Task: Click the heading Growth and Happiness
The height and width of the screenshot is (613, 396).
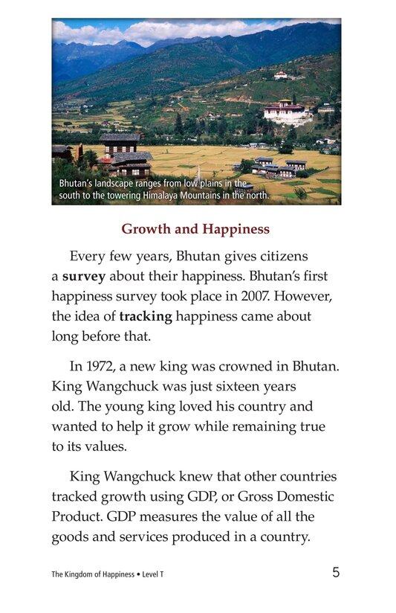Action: pos(195,228)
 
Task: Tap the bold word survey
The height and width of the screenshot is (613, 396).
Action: pos(84,276)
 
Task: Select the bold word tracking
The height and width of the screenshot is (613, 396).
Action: pos(146,315)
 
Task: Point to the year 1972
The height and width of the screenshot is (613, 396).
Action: pos(106,366)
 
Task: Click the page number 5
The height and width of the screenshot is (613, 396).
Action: pos(336,572)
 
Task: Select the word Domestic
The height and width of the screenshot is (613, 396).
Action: pos(306,496)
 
